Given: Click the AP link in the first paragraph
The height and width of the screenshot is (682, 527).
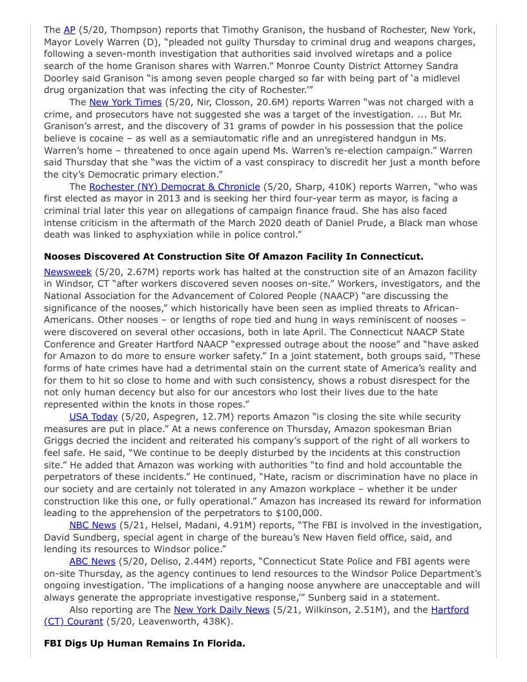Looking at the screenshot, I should coord(70,30).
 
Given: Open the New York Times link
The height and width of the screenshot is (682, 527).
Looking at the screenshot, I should coord(125,102).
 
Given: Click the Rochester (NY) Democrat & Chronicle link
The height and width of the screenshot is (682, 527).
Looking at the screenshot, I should coord(174,187).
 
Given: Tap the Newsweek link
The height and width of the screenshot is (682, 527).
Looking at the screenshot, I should coord(68,272).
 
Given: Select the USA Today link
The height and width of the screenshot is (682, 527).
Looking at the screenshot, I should coord(94,417).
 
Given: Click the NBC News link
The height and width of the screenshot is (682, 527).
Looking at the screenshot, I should coord(92,525).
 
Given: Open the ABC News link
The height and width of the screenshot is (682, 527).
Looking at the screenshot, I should coord(92,561).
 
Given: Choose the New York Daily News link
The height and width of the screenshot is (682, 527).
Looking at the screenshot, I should coord(222,609).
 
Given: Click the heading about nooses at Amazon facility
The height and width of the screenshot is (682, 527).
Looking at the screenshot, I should coord(234,256).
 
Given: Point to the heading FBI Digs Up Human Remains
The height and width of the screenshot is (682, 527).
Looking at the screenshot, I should coord(145,644).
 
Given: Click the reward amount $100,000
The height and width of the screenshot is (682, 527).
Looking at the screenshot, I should coord(299,513).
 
